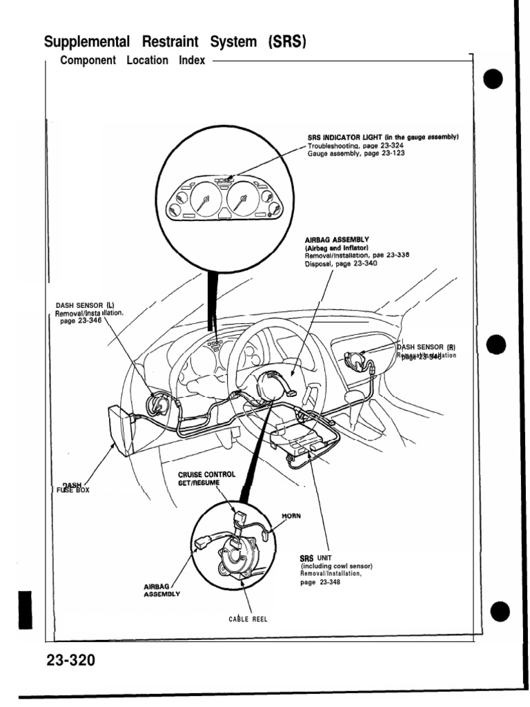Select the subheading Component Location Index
click(x=132, y=61)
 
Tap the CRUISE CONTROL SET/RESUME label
click(x=207, y=478)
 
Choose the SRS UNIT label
click(x=311, y=558)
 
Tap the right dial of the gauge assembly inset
click(x=242, y=201)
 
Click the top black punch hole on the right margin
click(x=497, y=81)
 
